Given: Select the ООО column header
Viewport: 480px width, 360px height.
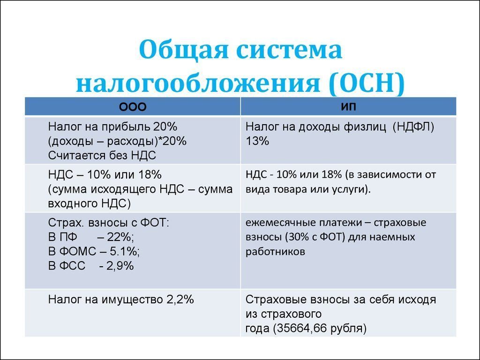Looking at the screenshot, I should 133,107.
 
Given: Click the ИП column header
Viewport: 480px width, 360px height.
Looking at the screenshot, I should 348,106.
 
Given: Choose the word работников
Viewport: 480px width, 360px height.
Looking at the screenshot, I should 275,252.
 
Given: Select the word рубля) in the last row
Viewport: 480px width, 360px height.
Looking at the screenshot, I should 347,328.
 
